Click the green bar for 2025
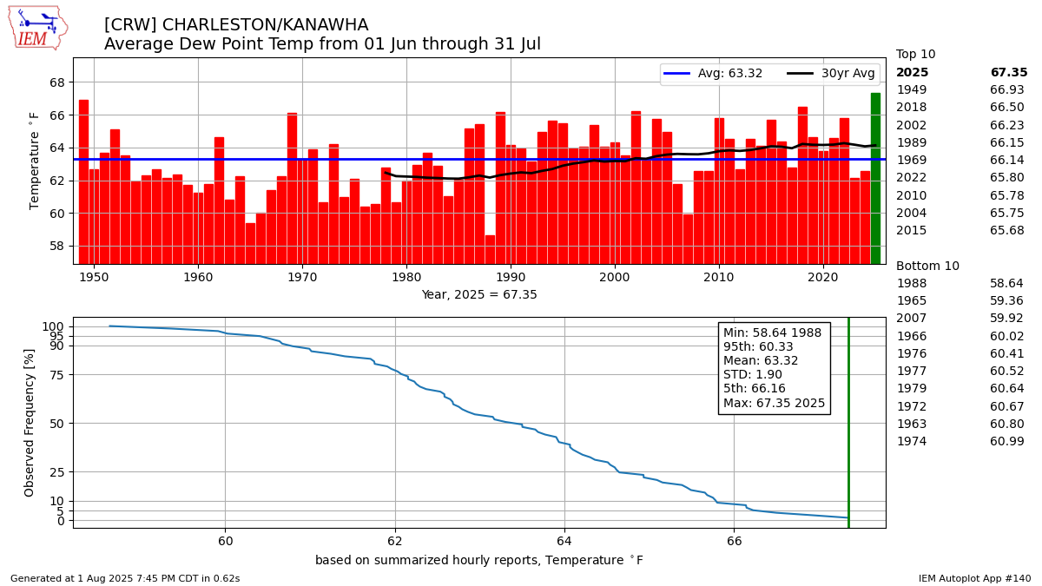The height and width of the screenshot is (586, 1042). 875,178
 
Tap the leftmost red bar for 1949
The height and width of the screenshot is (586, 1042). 83,181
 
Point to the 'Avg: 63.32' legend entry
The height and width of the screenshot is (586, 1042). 713,74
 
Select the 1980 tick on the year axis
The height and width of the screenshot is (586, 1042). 406,277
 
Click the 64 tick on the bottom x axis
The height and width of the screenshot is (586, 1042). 564,541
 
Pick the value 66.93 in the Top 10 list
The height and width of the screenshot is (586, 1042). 1007,90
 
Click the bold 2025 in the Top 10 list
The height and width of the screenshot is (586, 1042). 912,73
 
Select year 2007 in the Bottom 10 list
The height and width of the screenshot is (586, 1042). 912,319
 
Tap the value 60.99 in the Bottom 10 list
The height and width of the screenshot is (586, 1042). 1007,441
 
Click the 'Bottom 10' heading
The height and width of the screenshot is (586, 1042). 927,266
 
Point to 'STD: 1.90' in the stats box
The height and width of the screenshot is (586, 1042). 753,375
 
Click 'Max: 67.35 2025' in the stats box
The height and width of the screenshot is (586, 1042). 774,404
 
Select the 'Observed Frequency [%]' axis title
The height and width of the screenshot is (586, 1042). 30,423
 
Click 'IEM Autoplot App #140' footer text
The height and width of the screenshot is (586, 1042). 974,578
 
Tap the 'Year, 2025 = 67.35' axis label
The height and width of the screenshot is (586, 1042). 479,294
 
